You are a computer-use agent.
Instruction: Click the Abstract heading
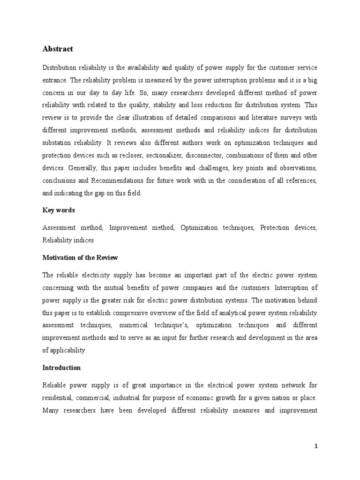(58, 49)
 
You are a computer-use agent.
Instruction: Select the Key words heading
(59, 210)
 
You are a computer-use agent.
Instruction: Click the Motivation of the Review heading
(80, 257)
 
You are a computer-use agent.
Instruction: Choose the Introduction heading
(61, 368)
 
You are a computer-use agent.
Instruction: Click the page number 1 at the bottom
(316, 446)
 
